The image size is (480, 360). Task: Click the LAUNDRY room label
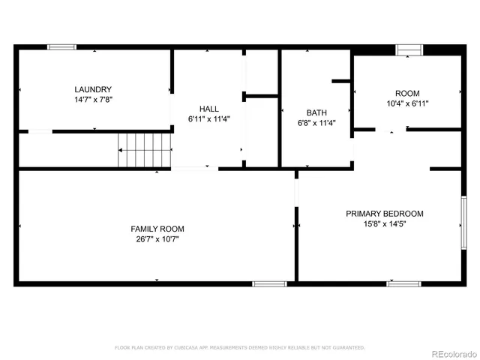93,88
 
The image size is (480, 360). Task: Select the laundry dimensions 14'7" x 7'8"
93,99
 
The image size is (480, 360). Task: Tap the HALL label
208,108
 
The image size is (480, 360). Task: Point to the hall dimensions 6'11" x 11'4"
208,118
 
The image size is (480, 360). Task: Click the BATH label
316,112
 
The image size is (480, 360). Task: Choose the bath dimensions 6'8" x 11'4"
316,123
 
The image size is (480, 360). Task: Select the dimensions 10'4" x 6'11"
407,103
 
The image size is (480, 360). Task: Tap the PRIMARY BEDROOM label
384,213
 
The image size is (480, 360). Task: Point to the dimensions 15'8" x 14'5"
384,223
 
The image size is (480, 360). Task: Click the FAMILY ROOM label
157,229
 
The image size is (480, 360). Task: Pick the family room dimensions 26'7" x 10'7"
157,239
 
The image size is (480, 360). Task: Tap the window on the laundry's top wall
61,47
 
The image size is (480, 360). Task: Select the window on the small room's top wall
409,49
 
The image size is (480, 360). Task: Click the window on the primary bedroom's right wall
463,223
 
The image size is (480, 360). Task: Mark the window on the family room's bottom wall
269,283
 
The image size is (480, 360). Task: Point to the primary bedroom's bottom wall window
403,283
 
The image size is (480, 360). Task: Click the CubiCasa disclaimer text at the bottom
239,347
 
